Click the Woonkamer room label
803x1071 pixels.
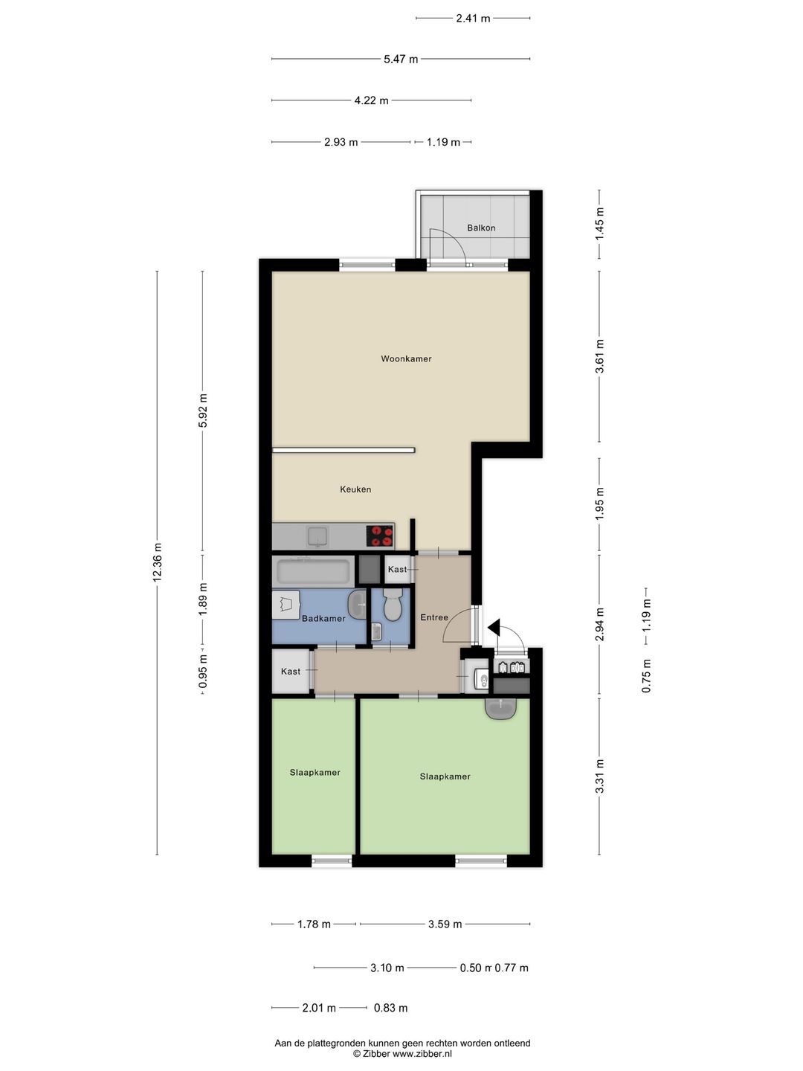406,358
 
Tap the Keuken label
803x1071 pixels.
355,489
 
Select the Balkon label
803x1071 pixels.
481,228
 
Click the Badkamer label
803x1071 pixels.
323,619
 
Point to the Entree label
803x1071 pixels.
434,618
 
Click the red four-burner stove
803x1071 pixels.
380,535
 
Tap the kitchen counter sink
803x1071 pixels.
317,536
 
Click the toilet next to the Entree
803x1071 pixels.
392,605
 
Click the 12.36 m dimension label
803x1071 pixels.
157,562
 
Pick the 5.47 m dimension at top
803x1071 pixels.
401,59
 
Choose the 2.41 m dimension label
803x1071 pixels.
473,19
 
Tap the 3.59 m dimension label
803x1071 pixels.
445,924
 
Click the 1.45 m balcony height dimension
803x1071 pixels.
600,224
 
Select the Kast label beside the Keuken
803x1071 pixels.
397,570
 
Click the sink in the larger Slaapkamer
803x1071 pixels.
500,709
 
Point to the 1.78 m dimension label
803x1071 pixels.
314,924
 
